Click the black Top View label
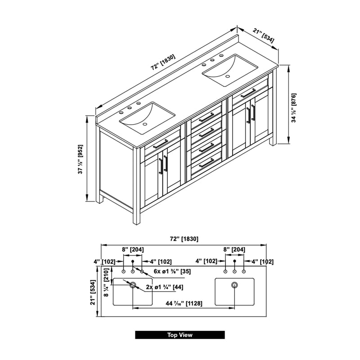tap(180, 335)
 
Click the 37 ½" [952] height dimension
tap(81, 159)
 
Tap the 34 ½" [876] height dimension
tap(294, 108)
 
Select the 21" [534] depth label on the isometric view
tap(264, 36)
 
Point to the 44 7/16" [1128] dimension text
tap(184, 303)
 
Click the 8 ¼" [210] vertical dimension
tap(106, 283)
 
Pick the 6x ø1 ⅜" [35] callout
tap(172, 271)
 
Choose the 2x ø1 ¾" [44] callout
tap(165, 287)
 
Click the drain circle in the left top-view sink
tap(133, 285)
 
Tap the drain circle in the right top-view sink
tap(234, 285)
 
